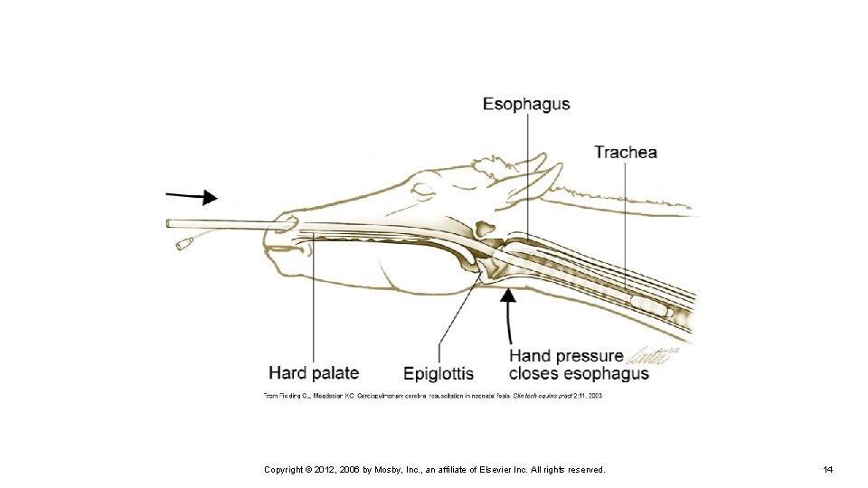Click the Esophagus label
526,104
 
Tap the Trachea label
626,152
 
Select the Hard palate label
314,372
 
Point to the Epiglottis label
439,373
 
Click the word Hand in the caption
532,356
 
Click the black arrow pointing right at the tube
192,196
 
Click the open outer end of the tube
170,223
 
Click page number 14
827,470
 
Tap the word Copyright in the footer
283,470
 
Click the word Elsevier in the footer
480,470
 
